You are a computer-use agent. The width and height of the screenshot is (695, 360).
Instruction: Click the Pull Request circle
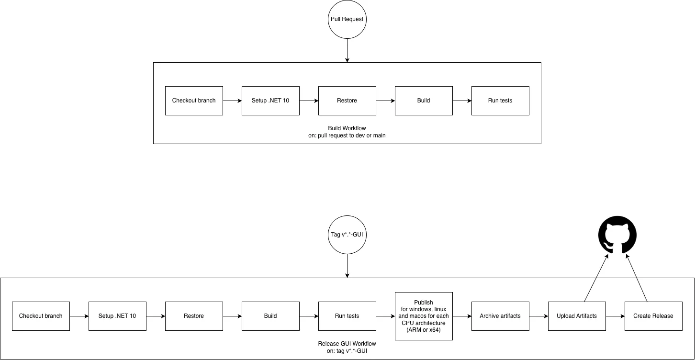coord(347,19)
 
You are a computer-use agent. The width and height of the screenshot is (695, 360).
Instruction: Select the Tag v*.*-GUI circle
coord(347,235)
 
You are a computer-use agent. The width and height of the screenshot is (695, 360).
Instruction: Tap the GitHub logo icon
coord(617,235)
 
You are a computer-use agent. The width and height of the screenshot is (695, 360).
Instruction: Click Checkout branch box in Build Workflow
coord(194,101)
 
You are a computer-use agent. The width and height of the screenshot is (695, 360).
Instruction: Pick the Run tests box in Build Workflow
coord(500,101)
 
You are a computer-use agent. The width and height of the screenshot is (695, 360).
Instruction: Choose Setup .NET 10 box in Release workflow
coord(117,316)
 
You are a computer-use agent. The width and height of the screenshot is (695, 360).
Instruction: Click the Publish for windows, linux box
coord(424,316)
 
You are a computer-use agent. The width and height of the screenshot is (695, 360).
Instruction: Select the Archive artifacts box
coord(500,316)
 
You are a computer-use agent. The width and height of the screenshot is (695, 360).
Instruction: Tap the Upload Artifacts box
coord(577,316)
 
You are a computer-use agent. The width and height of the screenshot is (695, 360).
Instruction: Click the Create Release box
coord(653,316)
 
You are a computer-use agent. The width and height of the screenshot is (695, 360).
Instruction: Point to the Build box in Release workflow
coord(270,316)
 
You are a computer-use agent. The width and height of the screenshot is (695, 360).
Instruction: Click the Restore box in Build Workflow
coord(347,101)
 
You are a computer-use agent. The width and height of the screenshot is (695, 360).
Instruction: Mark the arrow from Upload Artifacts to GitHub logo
coord(596,278)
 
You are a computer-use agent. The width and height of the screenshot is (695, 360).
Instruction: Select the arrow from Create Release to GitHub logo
coord(637,278)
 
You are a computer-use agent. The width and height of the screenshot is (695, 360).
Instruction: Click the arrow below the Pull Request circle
coord(347,50)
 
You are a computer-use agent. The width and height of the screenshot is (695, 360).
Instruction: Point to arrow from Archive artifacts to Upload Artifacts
coord(538,316)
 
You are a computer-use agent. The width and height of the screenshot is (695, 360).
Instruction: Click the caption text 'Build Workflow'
coord(347,128)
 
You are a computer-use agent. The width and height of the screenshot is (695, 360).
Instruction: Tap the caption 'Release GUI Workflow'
coord(347,344)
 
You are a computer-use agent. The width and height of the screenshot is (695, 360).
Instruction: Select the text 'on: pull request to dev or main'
coord(347,135)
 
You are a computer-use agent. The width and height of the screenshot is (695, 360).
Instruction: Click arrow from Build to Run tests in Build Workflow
coord(462,101)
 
